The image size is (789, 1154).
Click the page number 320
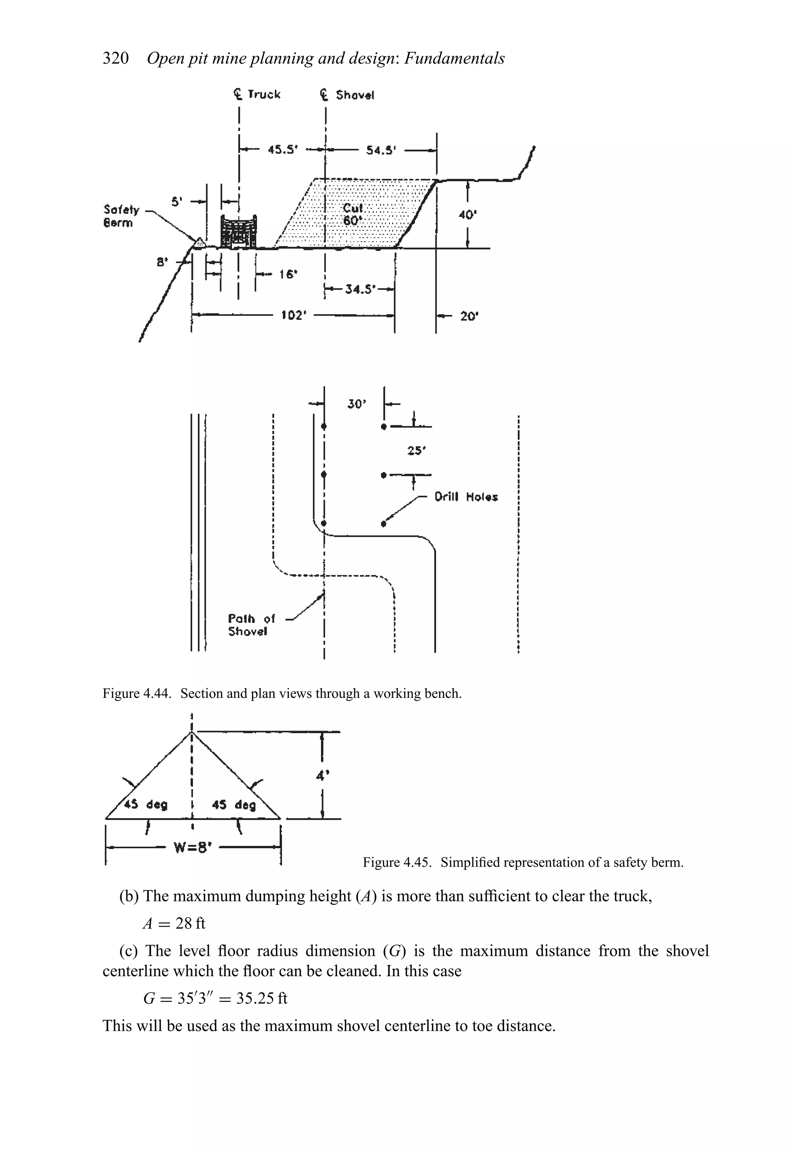point(115,58)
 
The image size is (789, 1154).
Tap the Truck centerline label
point(257,94)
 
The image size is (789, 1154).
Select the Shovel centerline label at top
point(347,95)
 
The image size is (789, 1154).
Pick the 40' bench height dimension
point(467,215)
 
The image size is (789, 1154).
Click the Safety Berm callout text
point(119,216)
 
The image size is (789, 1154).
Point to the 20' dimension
point(468,316)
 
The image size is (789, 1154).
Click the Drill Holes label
point(466,497)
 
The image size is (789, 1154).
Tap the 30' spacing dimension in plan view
point(356,404)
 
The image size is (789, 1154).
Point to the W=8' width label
point(192,847)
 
